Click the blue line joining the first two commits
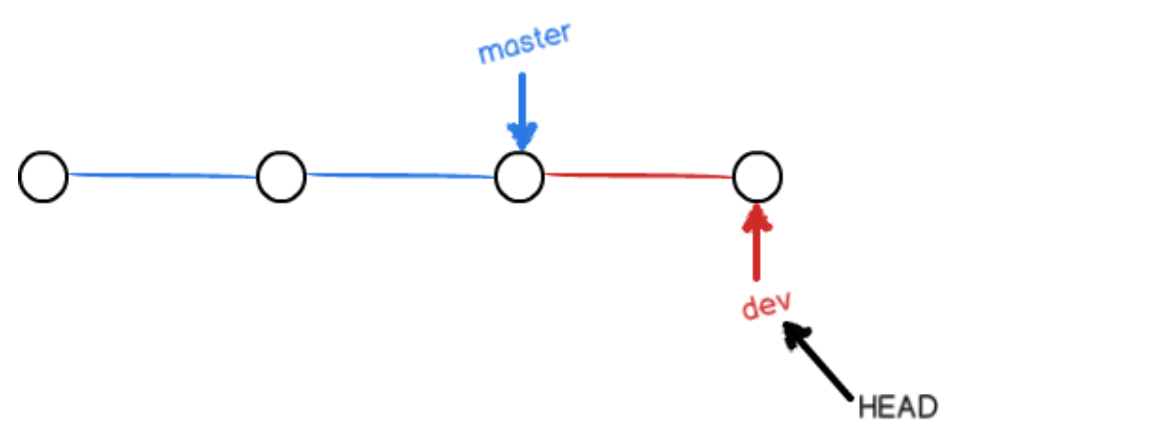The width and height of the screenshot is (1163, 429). click(x=162, y=176)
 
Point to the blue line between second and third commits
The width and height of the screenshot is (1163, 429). click(x=401, y=176)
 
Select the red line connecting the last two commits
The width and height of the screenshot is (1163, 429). click(x=639, y=176)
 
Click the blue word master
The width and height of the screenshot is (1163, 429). click(x=525, y=45)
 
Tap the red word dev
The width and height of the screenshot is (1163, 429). click(x=767, y=304)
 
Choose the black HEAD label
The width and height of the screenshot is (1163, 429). click(x=897, y=407)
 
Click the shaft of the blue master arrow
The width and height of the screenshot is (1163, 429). click(x=522, y=100)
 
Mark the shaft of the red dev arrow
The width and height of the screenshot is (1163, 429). click(x=757, y=252)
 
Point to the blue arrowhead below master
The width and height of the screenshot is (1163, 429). click(x=522, y=136)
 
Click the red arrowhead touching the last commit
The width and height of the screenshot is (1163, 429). click(x=757, y=217)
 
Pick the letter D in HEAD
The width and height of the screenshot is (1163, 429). click(x=929, y=407)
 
